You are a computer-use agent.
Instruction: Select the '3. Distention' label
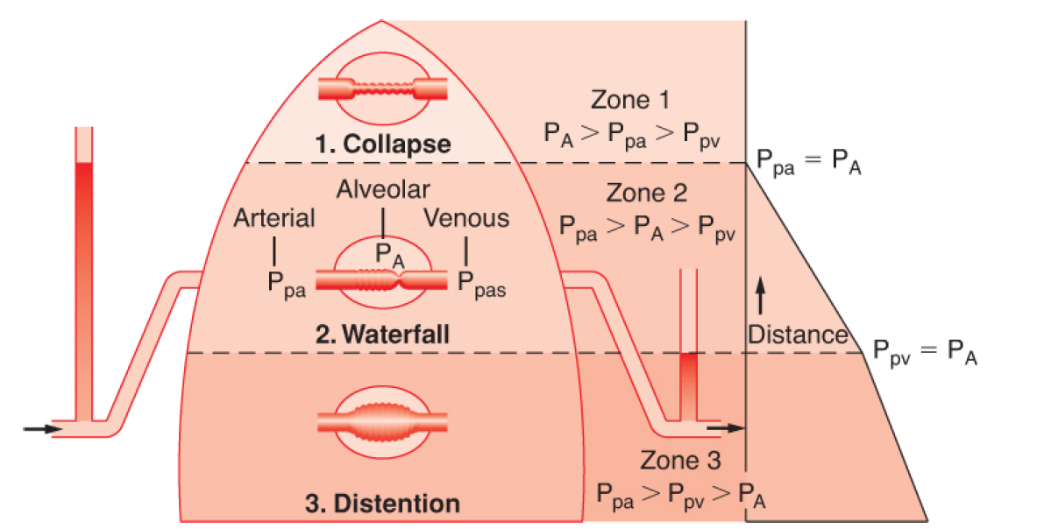[x=382, y=504]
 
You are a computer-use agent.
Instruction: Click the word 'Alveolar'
[x=384, y=189]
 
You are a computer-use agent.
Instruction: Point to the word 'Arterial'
[x=274, y=218]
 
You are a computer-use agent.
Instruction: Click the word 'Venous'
[x=466, y=218]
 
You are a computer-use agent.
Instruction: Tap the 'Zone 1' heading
[x=633, y=100]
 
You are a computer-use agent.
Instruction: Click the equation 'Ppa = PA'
[x=810, y=164]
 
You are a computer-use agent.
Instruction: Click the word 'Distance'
[x=797, y=335]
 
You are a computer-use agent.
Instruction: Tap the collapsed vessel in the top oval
[x=382, y=88]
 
